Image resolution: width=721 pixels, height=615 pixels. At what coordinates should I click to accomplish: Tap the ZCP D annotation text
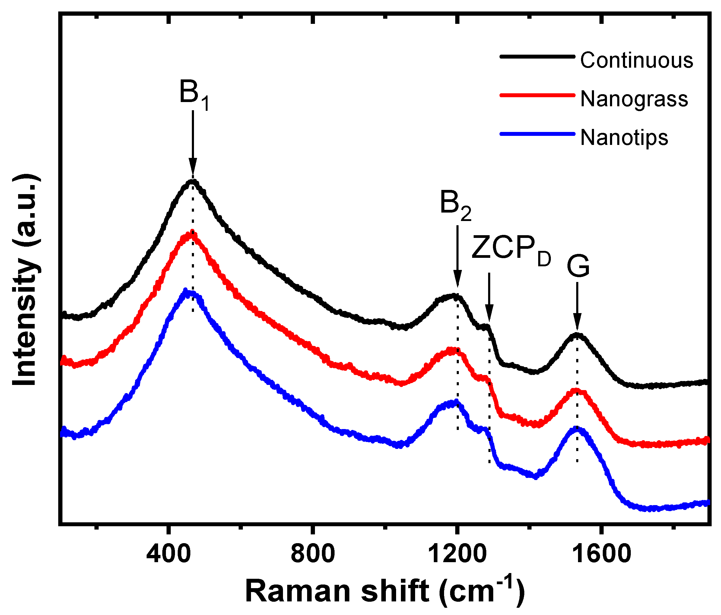(x=511, y=249)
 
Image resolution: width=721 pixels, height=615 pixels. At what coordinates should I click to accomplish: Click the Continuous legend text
(x=637, y=60)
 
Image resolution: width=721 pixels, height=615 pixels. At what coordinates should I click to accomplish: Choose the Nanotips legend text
(x=624, y=138)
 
